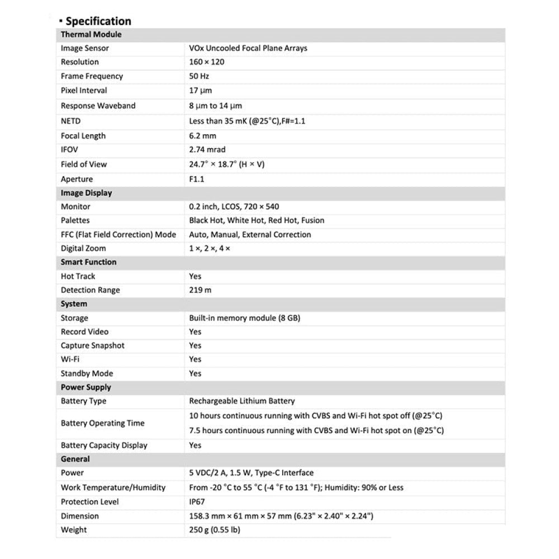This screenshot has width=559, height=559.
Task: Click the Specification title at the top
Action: pos(98,21)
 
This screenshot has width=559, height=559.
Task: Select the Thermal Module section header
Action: pos(91,35)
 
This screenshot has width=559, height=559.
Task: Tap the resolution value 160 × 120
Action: pos(207,62)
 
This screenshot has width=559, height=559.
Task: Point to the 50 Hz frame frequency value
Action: pos(199,76)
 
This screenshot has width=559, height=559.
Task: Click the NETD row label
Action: pos(71,121)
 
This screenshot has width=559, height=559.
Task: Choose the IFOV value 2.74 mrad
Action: pos(207,150)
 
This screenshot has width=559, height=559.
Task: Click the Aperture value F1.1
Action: pos(197,179)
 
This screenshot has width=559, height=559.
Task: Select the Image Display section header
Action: pos(87,193)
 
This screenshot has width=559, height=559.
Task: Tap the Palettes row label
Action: pos(75,220)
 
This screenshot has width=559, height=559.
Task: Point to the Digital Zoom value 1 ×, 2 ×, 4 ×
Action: pos(210,248)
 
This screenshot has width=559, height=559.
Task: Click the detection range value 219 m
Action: pos(201,290)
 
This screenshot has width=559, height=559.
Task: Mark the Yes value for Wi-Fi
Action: pos(195,359)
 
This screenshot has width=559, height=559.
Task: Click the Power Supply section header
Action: pos(86,387)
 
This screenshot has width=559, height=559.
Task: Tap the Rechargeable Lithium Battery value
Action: pos(242,401)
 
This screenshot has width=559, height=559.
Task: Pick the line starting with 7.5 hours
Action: pos(316,430)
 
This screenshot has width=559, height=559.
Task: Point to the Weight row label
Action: pos(74,530)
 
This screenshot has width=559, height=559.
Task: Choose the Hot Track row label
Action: pos(78,276)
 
